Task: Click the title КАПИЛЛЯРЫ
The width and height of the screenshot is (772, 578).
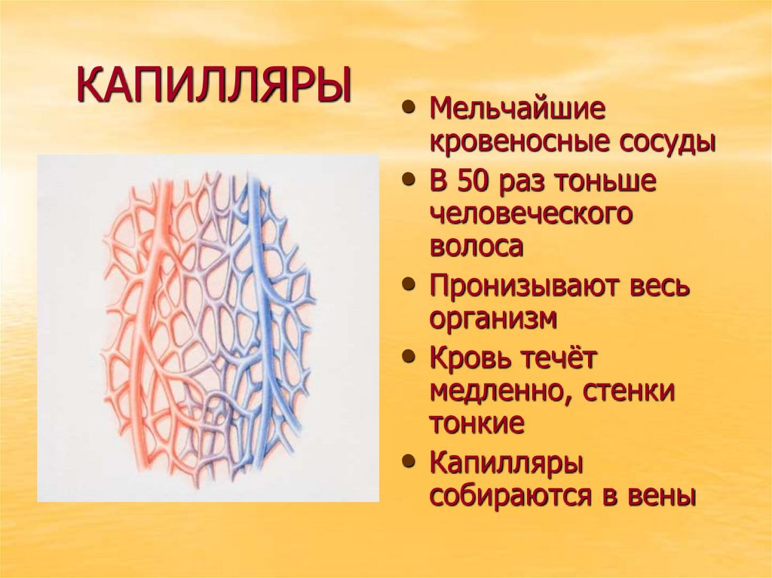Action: click(x=214, y=86)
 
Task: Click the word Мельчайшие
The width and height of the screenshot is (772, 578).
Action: click(x=517, y=109)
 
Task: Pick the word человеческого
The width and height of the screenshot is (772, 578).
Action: click(x=531, y=214)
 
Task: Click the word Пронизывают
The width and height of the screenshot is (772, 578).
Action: click(x=526, y=287)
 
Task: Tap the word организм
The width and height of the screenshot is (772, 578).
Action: click(x=493, y=319)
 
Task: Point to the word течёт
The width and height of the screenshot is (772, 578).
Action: click(x=559, y=359)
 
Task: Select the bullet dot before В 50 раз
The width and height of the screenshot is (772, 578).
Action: click(x=409, y=181)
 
